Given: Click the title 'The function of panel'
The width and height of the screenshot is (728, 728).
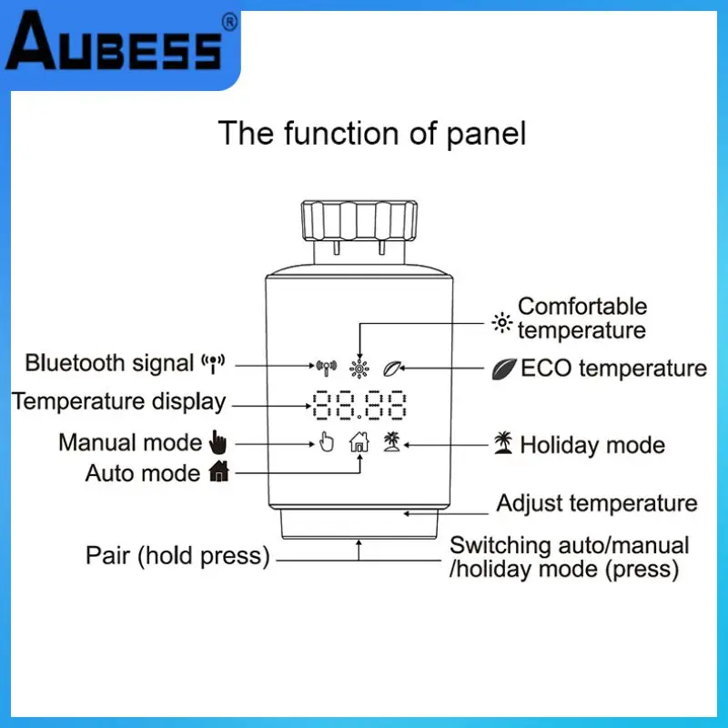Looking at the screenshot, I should tap(371, 134).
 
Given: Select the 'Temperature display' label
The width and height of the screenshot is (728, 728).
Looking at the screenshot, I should tap(118, 401).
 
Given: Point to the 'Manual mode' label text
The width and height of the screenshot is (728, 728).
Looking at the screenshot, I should tap(129, 443).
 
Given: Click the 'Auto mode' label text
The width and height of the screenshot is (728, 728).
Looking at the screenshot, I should tap(142, 473).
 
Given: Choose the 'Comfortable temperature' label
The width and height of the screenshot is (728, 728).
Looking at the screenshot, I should tap(582, 318).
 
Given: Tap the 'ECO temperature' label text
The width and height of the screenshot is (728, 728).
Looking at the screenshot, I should tap(613, 369).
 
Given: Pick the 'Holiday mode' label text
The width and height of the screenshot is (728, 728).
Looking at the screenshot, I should tap(592, 445).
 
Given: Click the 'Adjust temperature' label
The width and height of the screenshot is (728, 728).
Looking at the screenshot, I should tap(597, 503).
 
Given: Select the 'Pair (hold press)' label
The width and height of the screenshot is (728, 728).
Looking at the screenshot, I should tap(178, 555).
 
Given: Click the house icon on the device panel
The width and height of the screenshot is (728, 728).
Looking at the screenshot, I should tap(359, 442).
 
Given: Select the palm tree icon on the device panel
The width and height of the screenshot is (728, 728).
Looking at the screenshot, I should tap(392, 442).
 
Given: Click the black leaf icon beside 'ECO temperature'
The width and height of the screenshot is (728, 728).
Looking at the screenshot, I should tap(503, 369).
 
